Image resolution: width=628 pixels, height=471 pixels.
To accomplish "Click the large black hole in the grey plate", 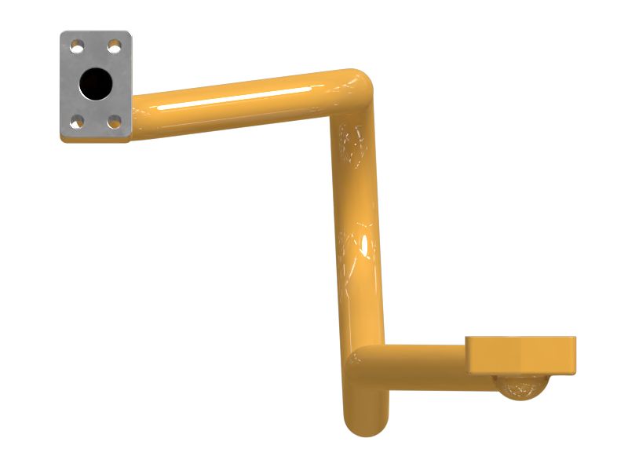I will pos(96,82).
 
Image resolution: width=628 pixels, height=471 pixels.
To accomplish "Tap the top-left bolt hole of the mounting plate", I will pos(76,48).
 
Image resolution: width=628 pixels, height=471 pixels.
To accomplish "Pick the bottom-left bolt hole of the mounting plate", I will pos(76,121).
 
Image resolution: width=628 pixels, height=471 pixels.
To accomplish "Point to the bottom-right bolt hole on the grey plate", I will pos(115,121).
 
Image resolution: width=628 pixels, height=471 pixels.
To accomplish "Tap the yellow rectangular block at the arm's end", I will pos(520,355).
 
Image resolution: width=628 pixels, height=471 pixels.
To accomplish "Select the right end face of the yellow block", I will pos(572,355).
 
